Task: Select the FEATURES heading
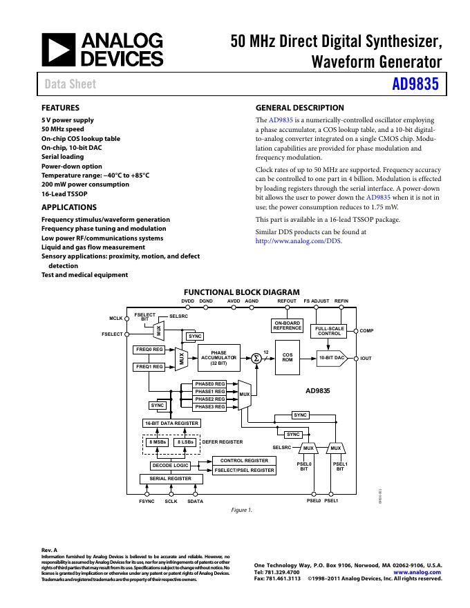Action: point(60,108)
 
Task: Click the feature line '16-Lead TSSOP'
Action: point(64,194)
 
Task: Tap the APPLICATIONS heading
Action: point(69,207)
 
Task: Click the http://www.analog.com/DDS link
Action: point(299,241)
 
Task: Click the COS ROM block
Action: point(288,358)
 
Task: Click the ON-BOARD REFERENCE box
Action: point(288,326)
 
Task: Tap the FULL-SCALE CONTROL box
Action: point(330,331)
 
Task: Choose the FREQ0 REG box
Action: point(149,350)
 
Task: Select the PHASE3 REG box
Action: point(209,407)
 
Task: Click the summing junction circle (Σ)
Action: point(256,358)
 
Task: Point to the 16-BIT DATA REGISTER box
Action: point(171,423)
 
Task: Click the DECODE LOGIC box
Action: point(170,466)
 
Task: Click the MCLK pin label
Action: point(115,318)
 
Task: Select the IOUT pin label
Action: point(366,359)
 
